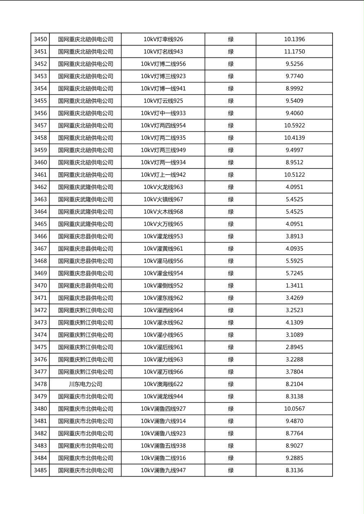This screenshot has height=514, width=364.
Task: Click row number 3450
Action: click(40, 40)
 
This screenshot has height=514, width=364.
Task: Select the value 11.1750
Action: click(294, 52)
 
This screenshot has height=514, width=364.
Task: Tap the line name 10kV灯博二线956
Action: click(163, 64)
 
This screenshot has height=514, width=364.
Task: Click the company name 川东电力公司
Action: click(85, 384)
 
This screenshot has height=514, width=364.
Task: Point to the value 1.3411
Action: click(294, 286)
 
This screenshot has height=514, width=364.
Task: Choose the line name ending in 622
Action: click(163, 384)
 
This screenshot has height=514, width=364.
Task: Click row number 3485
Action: click(40, 470)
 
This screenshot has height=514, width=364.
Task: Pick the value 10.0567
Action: click(294, 409)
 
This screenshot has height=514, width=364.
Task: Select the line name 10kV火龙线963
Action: click(163, 187)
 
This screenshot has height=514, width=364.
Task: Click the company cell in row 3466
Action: click(85, 236)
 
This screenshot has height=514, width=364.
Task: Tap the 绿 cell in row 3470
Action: click(231, 286)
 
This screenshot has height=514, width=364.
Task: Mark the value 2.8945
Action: click(294, 347)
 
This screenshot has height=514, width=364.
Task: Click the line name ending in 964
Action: click(163, 310)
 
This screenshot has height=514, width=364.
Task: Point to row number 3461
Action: click(40, 175)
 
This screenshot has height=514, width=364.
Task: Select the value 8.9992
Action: click(294, 88)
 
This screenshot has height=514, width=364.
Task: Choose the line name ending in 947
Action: click(163, 470)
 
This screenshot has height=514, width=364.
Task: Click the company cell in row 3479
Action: click(85, 396)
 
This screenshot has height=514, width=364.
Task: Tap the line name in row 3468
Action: click(163, 261)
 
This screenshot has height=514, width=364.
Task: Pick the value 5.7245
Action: click(294, 273)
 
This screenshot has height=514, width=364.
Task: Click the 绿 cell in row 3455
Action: click(231, 101)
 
